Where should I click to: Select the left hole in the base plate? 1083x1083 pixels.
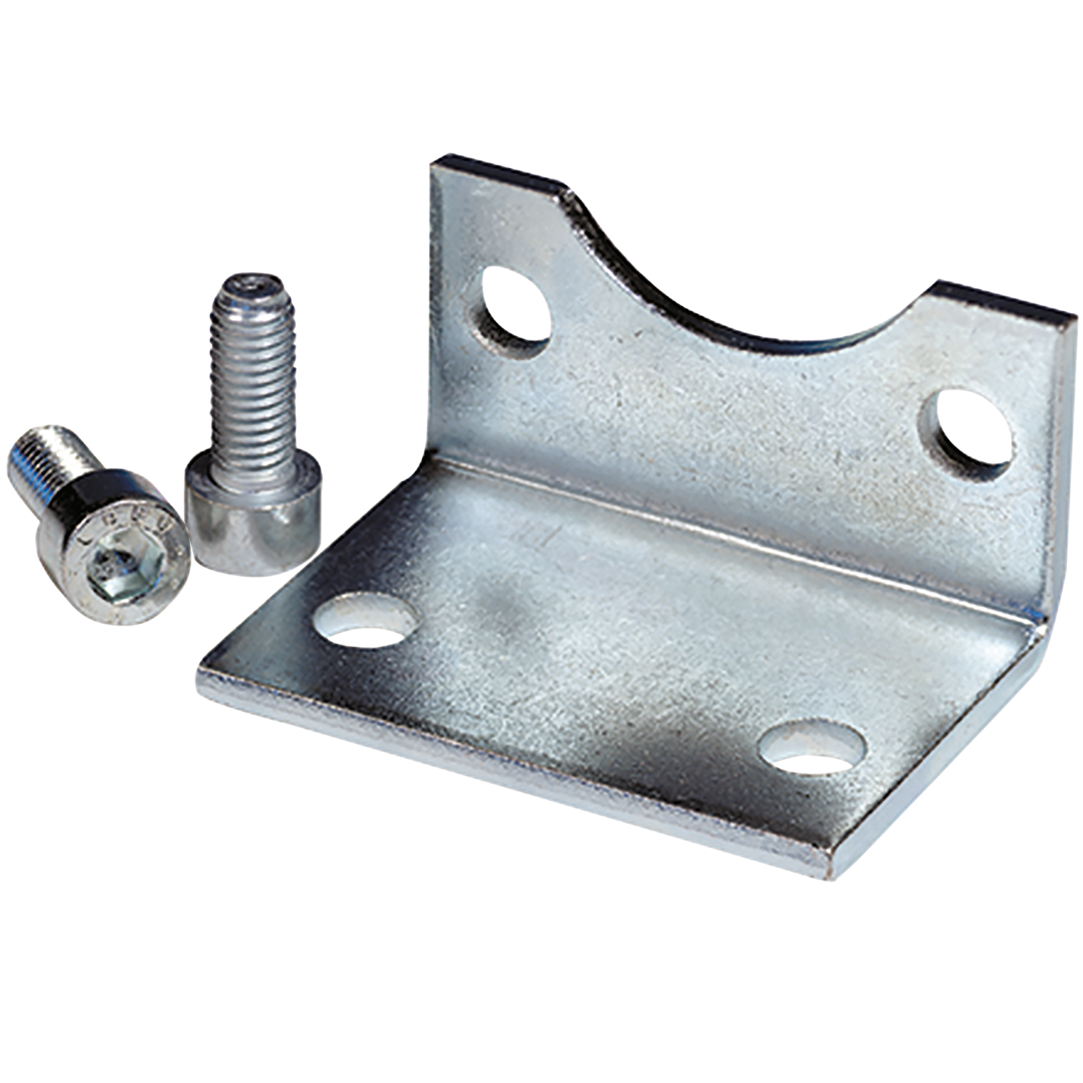(x=366, y=620)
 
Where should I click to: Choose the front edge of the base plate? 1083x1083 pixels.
(x=517, y=775)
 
